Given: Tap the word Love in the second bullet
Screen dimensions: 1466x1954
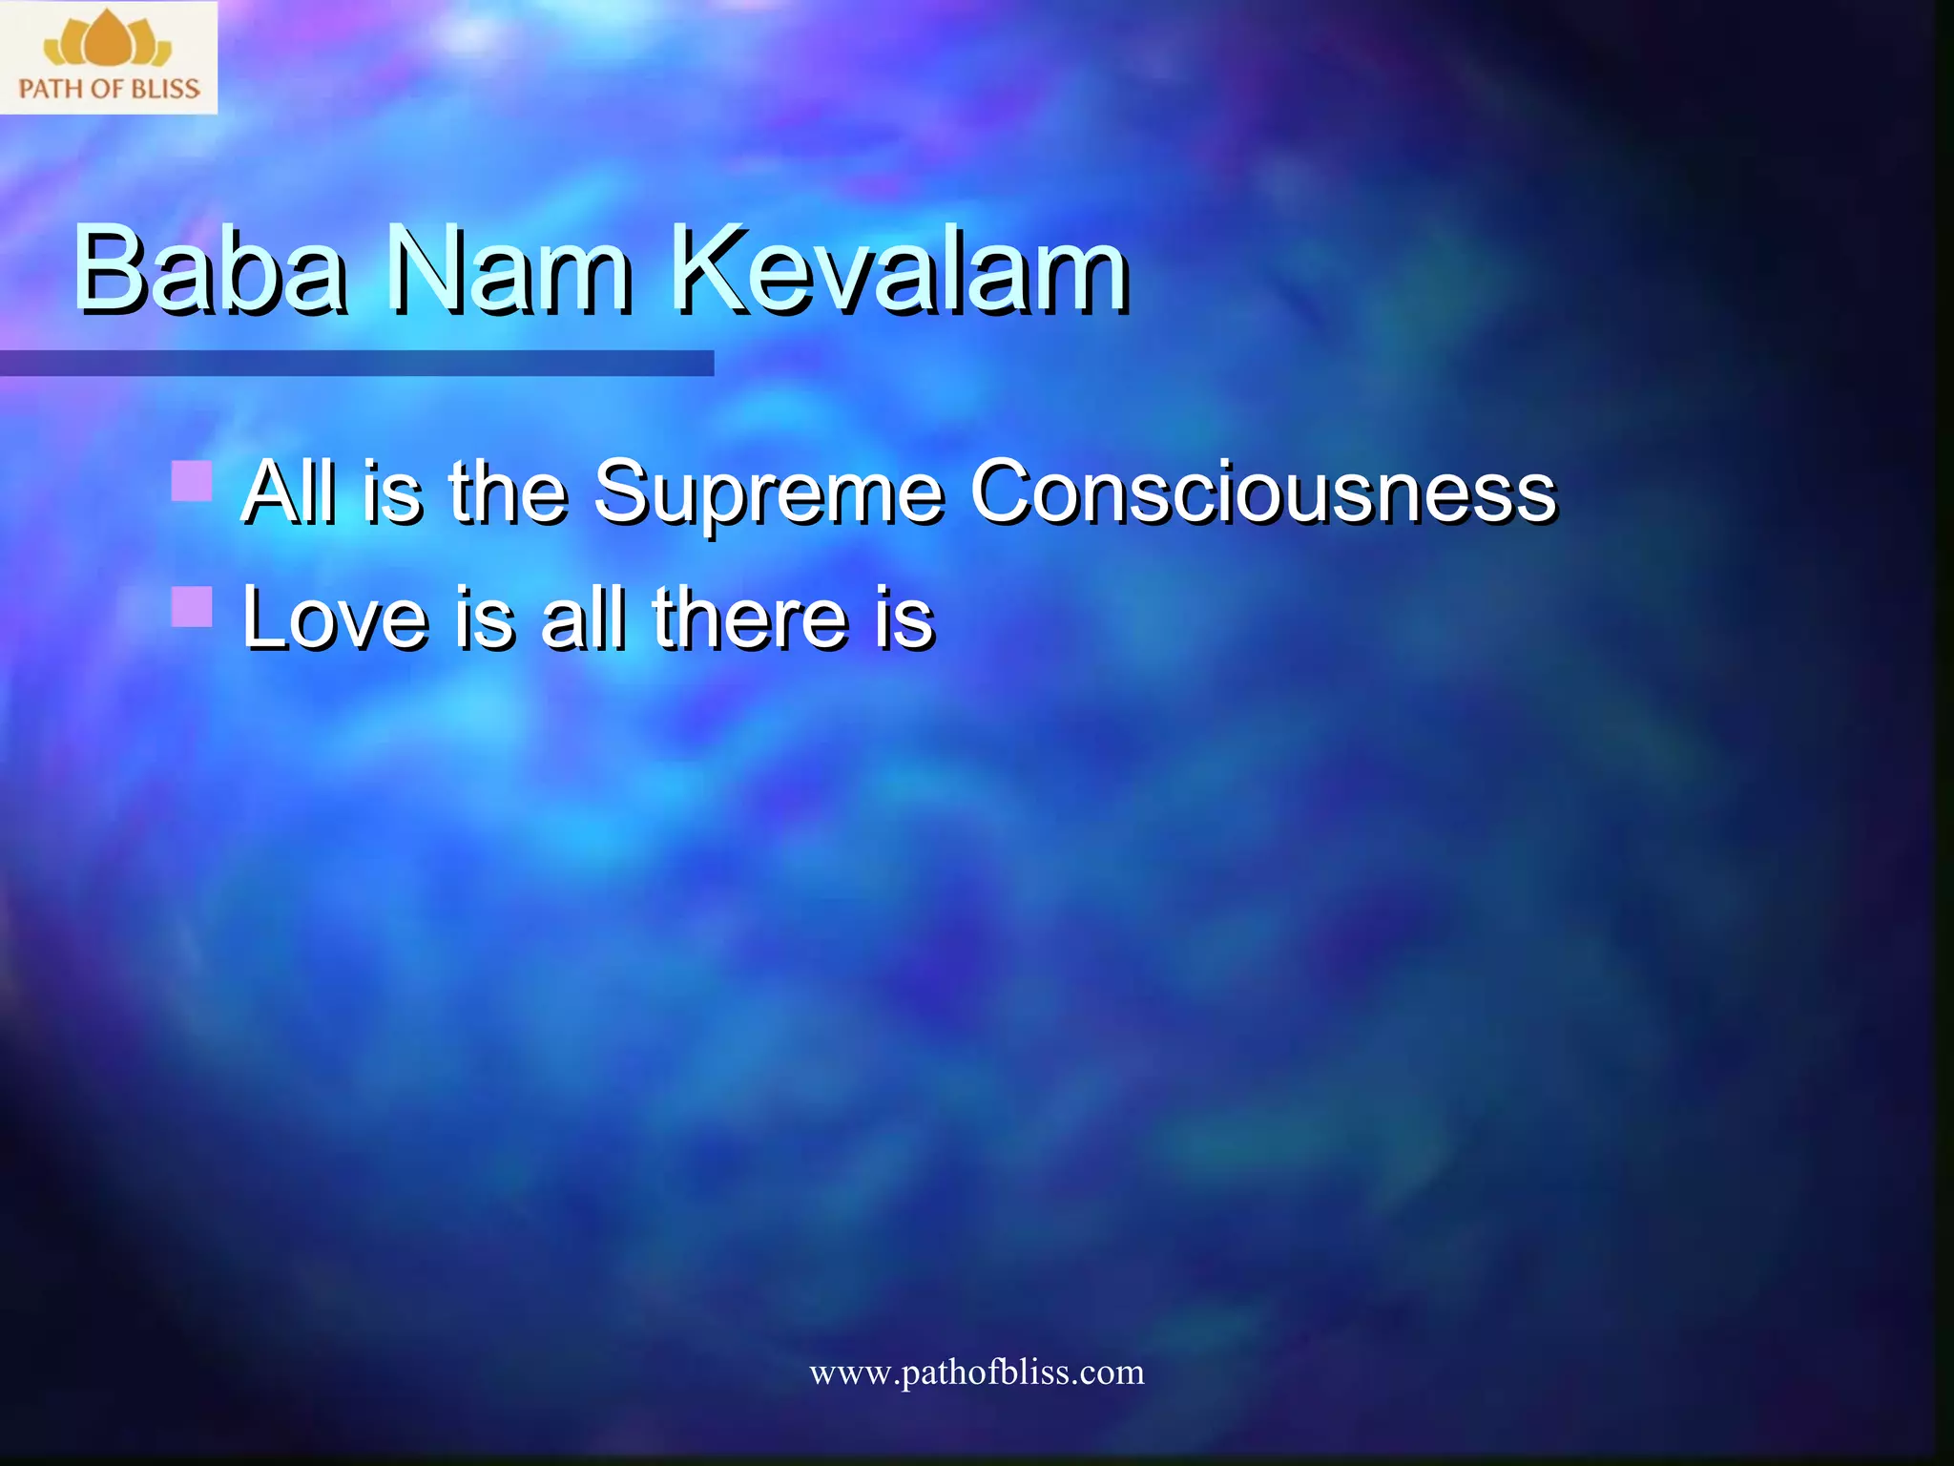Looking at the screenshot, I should point(335,618).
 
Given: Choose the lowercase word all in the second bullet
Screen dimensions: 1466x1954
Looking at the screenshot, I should point(583,618).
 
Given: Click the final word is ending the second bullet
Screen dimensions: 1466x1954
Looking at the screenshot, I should point(904,618).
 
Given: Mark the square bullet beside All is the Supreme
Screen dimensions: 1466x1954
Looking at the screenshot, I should point(192,480).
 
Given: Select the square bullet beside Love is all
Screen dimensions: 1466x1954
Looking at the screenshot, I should point(192,606).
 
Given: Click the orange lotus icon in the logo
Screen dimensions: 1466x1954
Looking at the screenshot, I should point(108,40).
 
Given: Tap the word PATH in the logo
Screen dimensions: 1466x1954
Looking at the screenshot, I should point(51,90).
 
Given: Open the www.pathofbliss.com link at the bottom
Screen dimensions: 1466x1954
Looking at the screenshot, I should point(976,1372).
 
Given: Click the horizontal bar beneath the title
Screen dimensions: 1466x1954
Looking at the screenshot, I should point(357,363).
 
